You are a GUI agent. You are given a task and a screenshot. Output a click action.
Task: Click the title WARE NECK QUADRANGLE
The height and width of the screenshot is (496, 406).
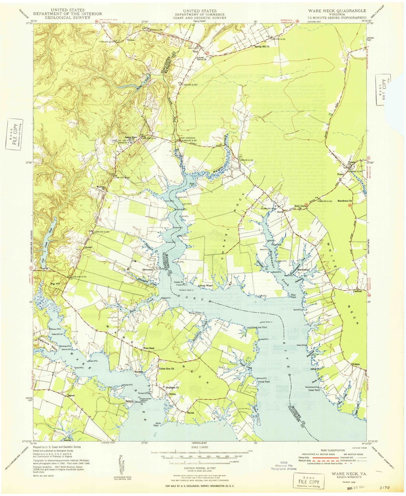(337, 11)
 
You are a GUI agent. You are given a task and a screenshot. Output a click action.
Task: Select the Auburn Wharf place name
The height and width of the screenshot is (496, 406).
(205, 286)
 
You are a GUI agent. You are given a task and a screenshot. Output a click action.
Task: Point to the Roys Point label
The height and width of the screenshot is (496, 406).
(293, 296)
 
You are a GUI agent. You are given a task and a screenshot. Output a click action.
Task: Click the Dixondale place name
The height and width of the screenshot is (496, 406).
(148, 269)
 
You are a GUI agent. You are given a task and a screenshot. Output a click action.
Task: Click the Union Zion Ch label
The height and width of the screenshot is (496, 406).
(167, 369)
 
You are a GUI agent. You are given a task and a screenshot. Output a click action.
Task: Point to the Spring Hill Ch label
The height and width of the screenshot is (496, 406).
(262, 46)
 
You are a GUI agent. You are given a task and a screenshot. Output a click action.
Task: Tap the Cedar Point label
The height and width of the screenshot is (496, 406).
(314, 390)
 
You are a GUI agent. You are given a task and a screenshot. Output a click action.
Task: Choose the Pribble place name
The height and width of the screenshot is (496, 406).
(356, 364)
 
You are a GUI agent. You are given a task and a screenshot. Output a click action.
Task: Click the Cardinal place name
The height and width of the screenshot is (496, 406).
(357, 291)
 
